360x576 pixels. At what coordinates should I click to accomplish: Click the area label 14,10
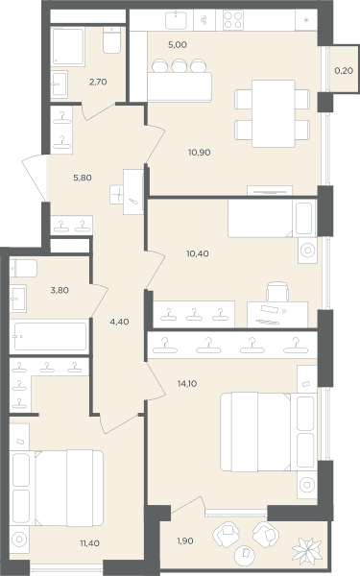[187, 383]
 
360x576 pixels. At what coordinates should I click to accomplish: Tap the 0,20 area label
[344, 70]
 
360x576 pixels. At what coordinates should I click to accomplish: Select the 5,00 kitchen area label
[178, 45]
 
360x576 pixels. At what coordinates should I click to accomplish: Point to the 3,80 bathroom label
[60, 290]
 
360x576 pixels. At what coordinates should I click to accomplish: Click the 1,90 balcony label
[185, 540]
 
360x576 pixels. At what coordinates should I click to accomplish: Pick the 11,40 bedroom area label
[89, 543]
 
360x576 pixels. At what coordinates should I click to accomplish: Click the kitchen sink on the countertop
[176, 20]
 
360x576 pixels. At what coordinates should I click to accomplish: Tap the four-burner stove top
[233, 20]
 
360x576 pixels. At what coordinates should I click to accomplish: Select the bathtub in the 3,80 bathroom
[50, 336]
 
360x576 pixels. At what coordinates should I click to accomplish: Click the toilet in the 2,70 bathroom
[111, 39]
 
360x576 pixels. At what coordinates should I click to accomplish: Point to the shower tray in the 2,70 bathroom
[68, 46]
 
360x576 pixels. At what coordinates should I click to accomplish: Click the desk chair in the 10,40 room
[277, 292]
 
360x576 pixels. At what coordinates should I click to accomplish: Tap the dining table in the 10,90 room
[274, 113]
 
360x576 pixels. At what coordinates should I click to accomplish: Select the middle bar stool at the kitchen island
[180, 65]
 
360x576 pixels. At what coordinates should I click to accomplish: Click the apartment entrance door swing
[35, 177]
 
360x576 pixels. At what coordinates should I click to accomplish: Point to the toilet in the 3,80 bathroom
[23, 269]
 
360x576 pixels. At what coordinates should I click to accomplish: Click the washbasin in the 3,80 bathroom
[18, 299]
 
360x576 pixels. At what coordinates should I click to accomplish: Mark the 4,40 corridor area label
[119, 322]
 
